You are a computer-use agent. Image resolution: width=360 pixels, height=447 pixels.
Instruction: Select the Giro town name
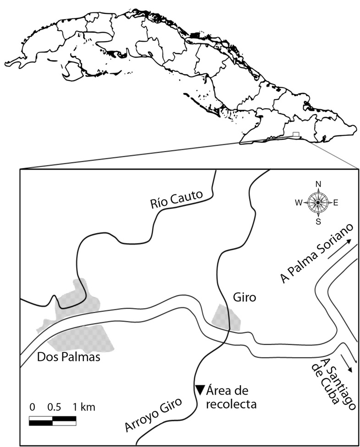(x=242, y=298)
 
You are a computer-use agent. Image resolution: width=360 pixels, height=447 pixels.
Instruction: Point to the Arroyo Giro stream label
(x=154, y=415)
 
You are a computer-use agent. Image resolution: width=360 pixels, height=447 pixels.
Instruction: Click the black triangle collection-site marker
(x=200, y=389)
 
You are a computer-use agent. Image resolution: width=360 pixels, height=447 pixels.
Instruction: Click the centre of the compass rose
(x=318, y=203)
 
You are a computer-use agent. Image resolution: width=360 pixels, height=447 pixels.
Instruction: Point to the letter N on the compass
(x=318, y=184)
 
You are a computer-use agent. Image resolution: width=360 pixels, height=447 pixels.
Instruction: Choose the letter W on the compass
(x=299, y=203)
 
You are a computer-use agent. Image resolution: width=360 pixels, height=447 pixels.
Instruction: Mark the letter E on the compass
(x=336, y=203)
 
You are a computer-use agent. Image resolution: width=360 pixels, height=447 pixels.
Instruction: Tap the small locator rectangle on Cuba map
(x=296, y=134)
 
